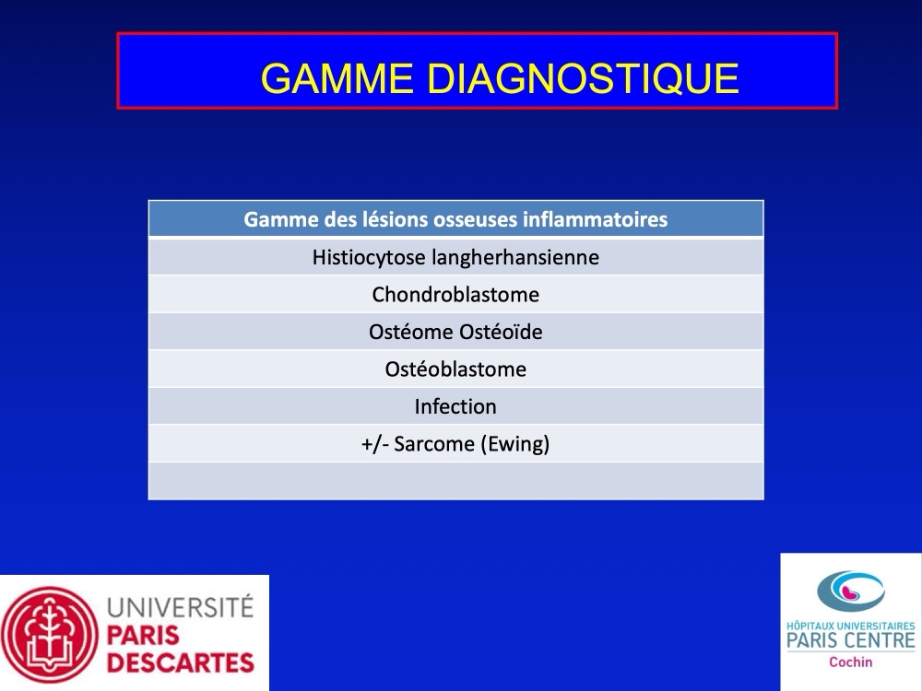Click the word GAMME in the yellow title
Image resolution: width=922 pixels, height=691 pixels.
point(337,78)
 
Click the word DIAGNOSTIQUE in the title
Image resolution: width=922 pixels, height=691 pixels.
point(583,78)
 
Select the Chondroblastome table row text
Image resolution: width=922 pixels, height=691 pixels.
point(455,295)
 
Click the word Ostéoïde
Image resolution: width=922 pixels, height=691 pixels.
point(501,332)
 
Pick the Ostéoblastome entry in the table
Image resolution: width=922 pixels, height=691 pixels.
point(455,369)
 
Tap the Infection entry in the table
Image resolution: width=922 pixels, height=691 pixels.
point(455,406)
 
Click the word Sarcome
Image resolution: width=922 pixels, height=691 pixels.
point(434,444)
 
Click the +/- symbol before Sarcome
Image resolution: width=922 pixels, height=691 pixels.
point(375,444)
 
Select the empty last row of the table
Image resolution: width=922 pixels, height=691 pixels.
point(455,481)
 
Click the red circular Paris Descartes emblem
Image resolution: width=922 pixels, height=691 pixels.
point(50,635)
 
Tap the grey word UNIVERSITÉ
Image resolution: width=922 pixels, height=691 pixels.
point(180,606)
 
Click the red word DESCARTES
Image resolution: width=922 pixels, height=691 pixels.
point(181,662)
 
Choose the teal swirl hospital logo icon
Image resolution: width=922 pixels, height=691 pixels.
point(851,591)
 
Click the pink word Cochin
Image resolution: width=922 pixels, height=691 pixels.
point(851,662)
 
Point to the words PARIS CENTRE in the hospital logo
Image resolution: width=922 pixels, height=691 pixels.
point(851,640)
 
